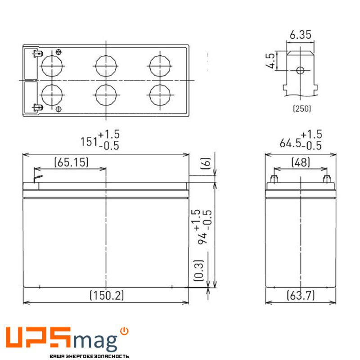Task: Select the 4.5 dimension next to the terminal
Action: click(270, 61)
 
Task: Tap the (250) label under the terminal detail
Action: click(301, 108)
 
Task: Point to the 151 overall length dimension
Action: click(89, 142)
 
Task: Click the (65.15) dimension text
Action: click(71, 162)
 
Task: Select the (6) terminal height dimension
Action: click(205, 163)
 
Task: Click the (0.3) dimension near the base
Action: click(199, 270)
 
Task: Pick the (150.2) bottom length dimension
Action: click(106, 295)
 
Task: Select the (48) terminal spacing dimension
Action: click(301, 162)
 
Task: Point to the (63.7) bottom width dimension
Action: click(301, 295)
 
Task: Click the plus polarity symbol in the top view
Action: click(58, 53)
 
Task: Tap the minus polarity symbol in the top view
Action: click(58, 109)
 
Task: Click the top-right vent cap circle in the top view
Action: click(160, 65)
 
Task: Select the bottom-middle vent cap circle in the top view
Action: click(106, 95)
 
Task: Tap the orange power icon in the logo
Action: click(125, 331)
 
